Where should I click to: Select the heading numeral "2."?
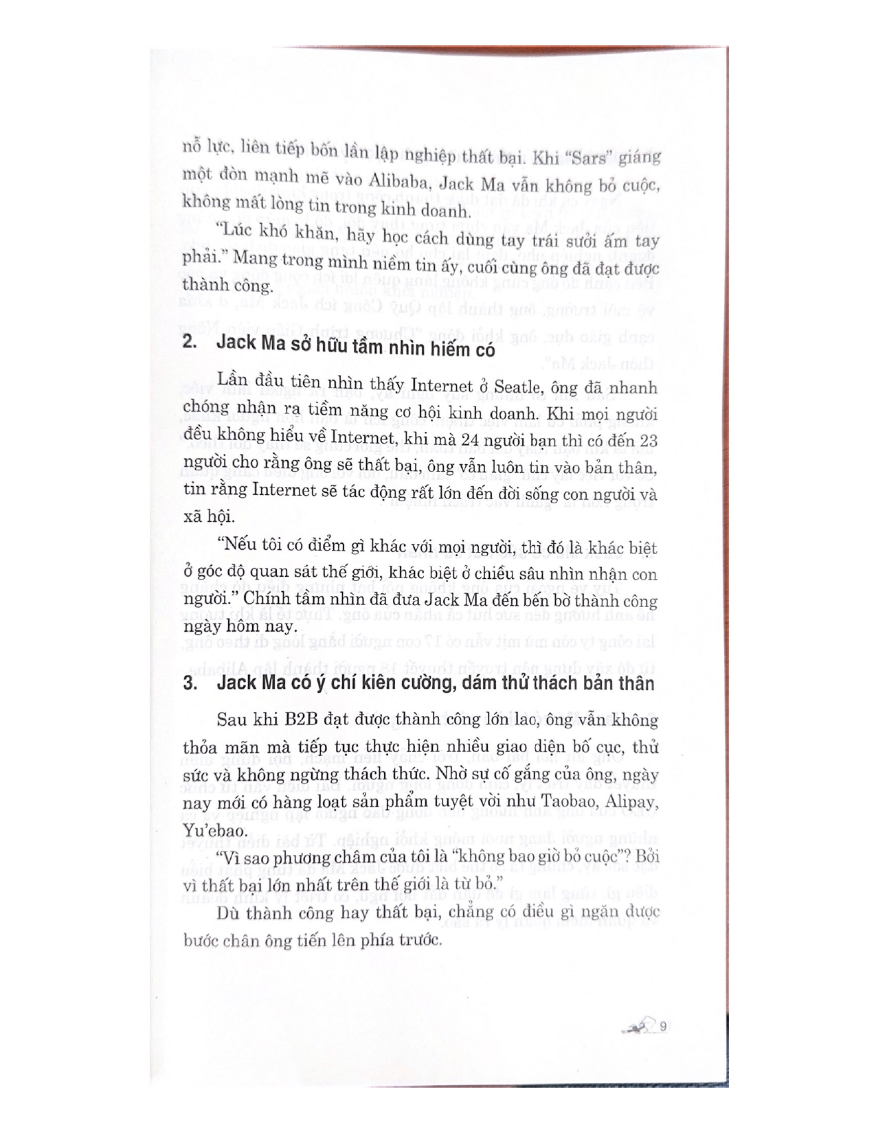tap(191, 343)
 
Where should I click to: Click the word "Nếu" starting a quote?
tap(234, 547)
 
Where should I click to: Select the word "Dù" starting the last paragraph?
tap(227, 913)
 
